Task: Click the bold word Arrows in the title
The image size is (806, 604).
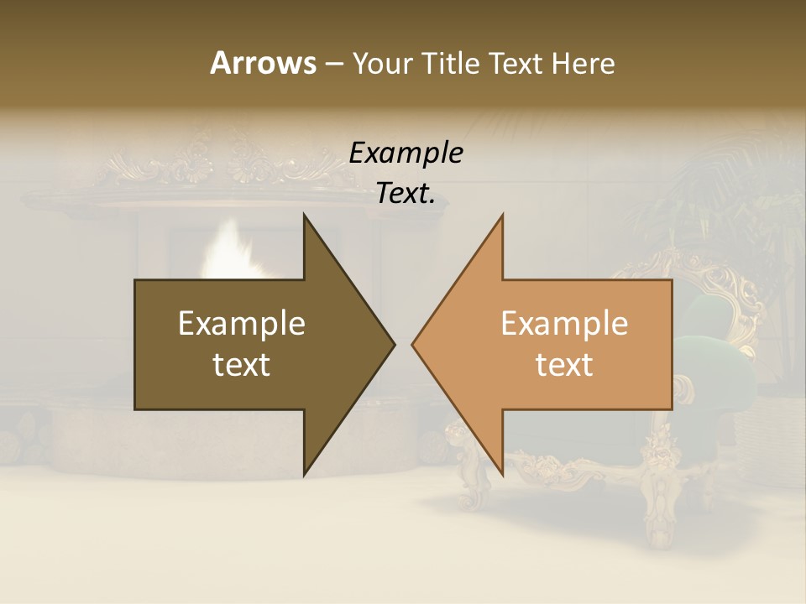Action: pos(263,63)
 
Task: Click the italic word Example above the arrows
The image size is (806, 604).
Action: pos(406,154)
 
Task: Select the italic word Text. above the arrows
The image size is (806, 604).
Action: pos(406,194)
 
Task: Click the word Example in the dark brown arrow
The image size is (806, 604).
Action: pos(241,324)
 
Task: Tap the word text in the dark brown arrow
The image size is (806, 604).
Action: pos(241,365)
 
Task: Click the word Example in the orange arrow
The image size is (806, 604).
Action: pos(564,324)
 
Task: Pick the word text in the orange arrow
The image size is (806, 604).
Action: pos(564,365)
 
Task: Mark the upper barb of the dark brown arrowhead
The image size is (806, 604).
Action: pos(306,220)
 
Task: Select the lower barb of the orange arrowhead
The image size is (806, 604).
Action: pos(500,470)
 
